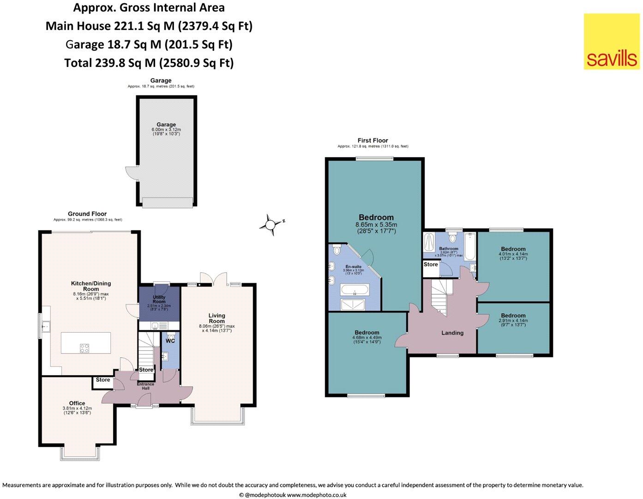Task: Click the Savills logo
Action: click(612, 42)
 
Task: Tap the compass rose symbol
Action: click(270, 225)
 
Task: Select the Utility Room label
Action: click(159, 299)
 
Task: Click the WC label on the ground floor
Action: click(170, 341)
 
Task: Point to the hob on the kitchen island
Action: click(84, 348)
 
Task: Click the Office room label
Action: click(77, 403)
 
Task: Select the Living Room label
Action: click(216, 318)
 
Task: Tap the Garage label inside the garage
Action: click(166, 125)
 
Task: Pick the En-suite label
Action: click(354, 267)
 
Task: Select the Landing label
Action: click(452, 333)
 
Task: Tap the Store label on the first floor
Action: click(431, 265)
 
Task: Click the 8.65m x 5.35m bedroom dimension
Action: click(376, 225)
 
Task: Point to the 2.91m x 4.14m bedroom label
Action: click(513, 316)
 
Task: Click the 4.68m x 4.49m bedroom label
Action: click(367, 333)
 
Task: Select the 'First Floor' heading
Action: click(373, 140)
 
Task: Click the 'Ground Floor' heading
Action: click(87, 214)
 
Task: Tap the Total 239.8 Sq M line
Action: click(149, 63)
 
